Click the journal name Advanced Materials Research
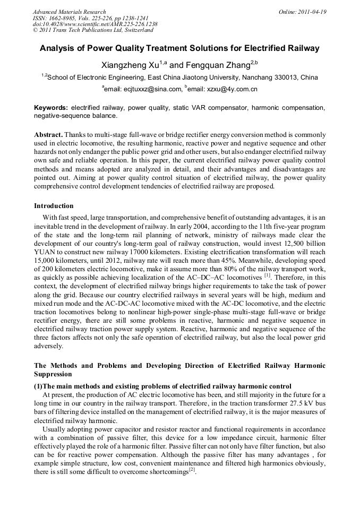coord(69,12)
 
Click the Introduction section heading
coord(54,206)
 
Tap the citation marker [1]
coord(268,275)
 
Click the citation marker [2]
coord(193,471)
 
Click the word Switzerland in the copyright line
coord(133,30)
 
